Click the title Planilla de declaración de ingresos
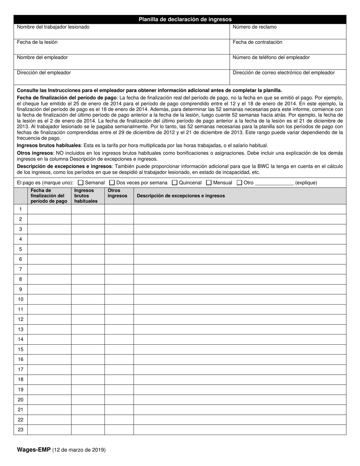tap(185, 19)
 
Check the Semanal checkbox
tap(81, 183)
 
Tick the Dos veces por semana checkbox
tap(112, 183)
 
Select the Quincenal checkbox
tap(175, 183)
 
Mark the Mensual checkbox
tap(209, 183)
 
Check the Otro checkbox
tap(239, 183)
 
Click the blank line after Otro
tap(274, 183)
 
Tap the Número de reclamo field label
tap(254, 27)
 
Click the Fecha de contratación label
tap(257, 42)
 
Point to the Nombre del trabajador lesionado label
tap(53, 27)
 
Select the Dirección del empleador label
tap(44, 72)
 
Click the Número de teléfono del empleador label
tap(271, 57)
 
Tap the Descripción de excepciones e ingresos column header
tap(181, 196)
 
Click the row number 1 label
tap(20, 209)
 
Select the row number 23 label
tap(20, 430)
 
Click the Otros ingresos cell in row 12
tap(119, 319)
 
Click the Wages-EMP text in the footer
tap(34, 450)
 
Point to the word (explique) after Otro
tap(306, 183)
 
